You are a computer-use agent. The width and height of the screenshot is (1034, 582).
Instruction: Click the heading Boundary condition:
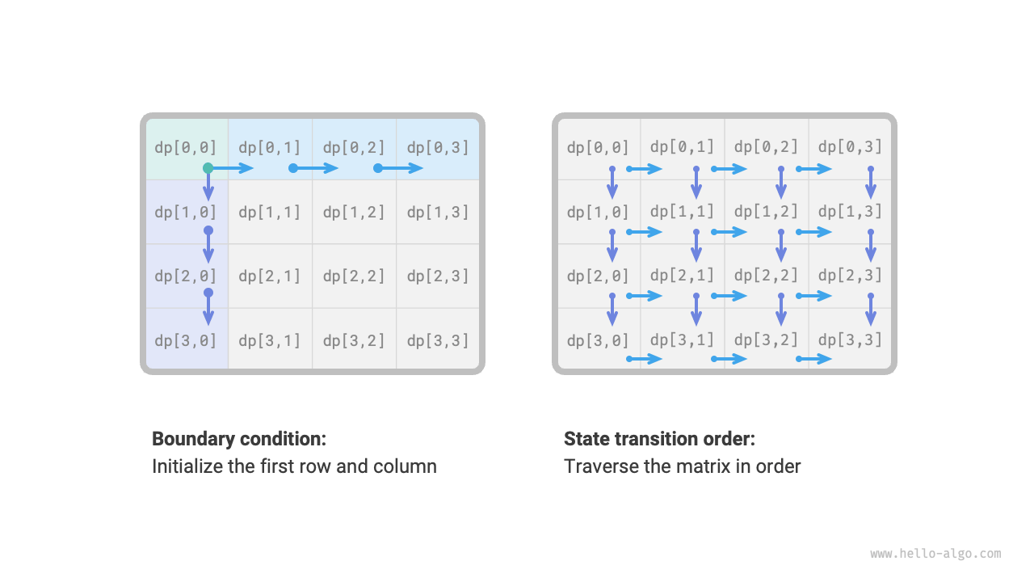[239, 439]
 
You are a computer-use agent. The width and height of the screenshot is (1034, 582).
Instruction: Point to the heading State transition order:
[659, 439]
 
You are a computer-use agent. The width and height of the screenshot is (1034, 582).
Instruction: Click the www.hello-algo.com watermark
[935, 554]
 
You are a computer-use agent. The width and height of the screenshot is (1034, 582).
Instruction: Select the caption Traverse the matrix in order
[682, 466]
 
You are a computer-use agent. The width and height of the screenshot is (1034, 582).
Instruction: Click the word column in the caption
[405, 466]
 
